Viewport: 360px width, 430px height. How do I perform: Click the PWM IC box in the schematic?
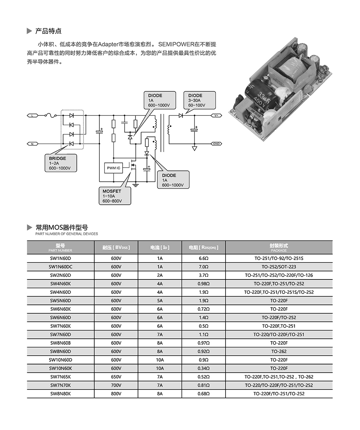(x=113, y=168)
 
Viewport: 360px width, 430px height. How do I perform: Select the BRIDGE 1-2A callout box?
(x=60, y=163)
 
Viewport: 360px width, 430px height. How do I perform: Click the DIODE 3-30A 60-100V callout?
(x=200, y=100)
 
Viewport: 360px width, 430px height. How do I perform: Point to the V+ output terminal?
(x=217, y=115)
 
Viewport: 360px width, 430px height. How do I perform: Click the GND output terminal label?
(x=217, y=144)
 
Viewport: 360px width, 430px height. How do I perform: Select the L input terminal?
(x=32, y=115)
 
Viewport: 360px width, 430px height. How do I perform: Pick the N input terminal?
(x=32, y=144)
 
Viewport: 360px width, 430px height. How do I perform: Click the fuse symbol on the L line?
(x=50, y=115)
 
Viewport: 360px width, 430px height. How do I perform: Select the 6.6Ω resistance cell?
(x=204, y=258)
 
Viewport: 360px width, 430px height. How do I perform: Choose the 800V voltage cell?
(x=116, y=394)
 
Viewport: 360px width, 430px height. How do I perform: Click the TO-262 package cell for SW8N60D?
(x=279, y=352)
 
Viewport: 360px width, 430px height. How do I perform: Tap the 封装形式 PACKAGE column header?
(x=279, y=248)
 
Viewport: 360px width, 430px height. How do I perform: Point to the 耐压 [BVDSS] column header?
(x=116, y=248)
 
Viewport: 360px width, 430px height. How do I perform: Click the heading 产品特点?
(x=48, y=31)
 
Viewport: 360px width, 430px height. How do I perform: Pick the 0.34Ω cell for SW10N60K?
(x=204, y=368)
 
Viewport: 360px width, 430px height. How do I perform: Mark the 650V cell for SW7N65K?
(x=116, y=377)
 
